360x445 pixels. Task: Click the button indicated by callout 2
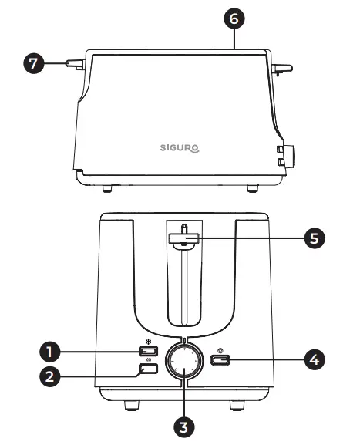(x=149, y=369)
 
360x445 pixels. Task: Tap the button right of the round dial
(x=217, y=359)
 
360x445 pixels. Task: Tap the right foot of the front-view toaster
(x=235, y=405)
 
